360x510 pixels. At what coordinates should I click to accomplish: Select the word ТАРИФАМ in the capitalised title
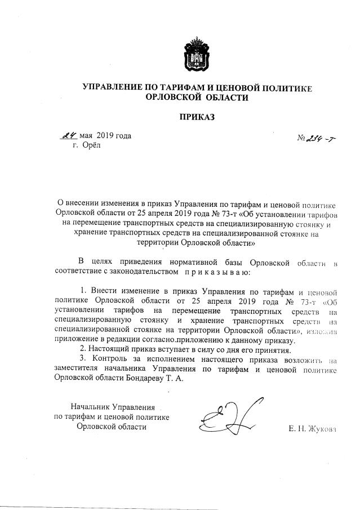click(x=194, y=87)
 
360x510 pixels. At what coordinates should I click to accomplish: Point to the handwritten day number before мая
click(x=69, y=136)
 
